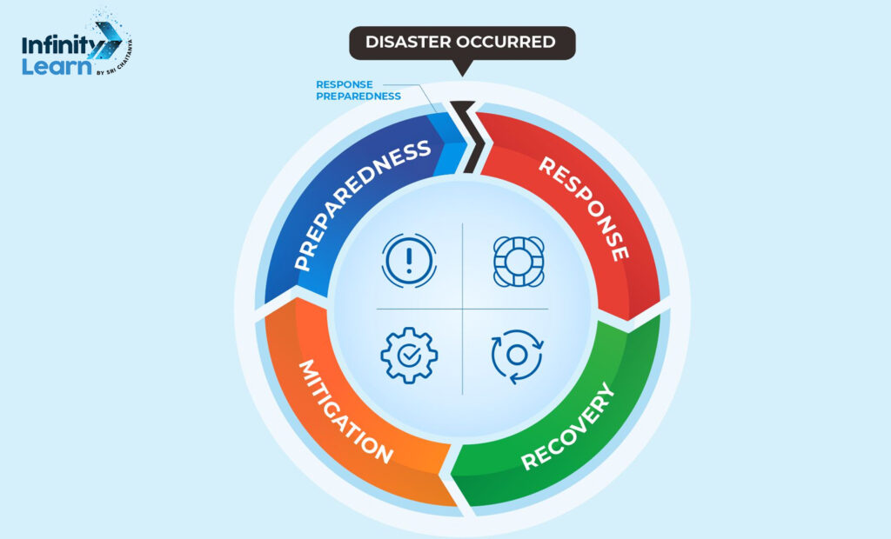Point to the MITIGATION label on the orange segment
[345, 409]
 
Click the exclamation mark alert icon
[408, 259]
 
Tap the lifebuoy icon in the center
[518, 259]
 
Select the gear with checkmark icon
[408, 355]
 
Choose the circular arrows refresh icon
[517, 356]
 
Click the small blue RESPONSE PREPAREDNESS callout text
[358, 90]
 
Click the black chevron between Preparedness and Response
[471, 135]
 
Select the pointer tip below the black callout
[462, 71]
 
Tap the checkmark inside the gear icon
[408, 356]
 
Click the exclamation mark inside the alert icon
[408, 259]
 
